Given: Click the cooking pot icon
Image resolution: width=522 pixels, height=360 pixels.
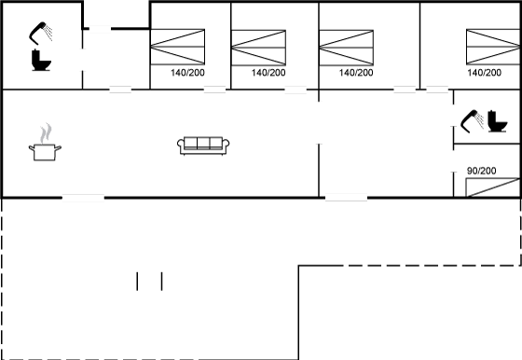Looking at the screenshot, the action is click(45, 152).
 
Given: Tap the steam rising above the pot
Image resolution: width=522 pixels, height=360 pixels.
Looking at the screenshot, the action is click(46, 133).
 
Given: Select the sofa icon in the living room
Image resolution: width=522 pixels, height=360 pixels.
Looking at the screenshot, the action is click(203, 145).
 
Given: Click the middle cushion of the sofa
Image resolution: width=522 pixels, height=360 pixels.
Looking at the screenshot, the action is click(203, 143).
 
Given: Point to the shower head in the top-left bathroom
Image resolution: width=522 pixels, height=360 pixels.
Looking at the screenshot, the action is click(41, 33).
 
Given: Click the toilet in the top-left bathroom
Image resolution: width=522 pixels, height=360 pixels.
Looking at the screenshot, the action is click(41, 61).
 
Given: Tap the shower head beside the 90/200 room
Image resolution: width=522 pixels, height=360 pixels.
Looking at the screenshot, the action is click(472, 121).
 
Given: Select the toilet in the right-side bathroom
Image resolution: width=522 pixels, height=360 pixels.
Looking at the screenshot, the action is click(498, 121).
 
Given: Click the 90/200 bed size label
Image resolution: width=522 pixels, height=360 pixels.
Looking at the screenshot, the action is click(481, 171).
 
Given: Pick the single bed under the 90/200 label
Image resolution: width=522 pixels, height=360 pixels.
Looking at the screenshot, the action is click(493, 187).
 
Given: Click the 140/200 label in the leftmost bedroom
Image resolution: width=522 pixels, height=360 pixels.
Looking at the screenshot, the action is click(187, 73).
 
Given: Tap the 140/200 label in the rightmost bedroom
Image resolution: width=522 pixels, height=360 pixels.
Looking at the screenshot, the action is click(484, 73).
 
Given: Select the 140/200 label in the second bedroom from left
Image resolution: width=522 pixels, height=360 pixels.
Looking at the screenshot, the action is click(268, 73).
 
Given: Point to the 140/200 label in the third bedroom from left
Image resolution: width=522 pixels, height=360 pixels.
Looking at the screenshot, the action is click(356, 73).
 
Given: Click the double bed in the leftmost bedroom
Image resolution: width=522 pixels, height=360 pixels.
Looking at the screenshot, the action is click(177, 47).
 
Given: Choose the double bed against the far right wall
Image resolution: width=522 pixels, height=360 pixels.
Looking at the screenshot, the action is click(493, 47).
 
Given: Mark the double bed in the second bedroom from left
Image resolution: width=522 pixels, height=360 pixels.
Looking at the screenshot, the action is click(258, 48).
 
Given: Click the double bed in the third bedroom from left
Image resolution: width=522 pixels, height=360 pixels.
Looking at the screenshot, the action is click(346, 48).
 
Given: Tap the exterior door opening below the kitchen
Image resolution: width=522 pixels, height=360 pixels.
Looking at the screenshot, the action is click(83, 198).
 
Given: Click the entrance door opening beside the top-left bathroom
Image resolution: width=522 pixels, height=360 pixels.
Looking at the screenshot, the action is click(100, 29).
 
